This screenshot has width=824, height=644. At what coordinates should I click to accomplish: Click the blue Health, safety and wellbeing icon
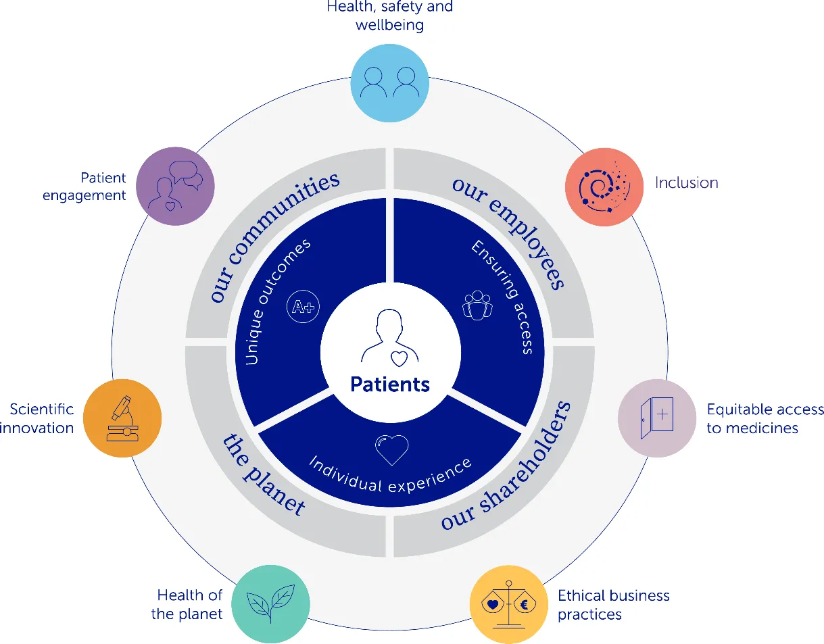(389, 84)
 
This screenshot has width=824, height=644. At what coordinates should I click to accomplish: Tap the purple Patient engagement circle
(175, 187)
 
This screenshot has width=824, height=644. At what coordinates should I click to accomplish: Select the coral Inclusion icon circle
(604, 187)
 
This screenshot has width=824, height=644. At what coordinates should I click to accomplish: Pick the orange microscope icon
(122, 418)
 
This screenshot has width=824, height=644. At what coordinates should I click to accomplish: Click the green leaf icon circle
(270, 603)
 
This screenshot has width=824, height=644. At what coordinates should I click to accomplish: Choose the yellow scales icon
(508, 604)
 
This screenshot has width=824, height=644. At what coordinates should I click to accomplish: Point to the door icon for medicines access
(656, 418)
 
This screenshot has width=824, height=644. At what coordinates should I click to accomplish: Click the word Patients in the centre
(390, 385)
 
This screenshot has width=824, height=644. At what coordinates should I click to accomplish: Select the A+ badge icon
(302, 307)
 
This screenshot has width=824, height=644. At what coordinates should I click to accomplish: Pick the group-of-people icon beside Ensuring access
(477, 305)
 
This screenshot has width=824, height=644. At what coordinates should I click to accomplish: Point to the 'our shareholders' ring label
(507, 466)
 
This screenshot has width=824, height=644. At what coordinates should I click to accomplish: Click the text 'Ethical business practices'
(613, 605)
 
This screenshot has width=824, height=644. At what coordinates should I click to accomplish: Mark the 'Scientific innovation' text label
(41, 418)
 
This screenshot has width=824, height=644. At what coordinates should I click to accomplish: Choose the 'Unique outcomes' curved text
(277, 301)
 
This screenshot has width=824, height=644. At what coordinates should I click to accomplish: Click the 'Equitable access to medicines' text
(765, 418)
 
